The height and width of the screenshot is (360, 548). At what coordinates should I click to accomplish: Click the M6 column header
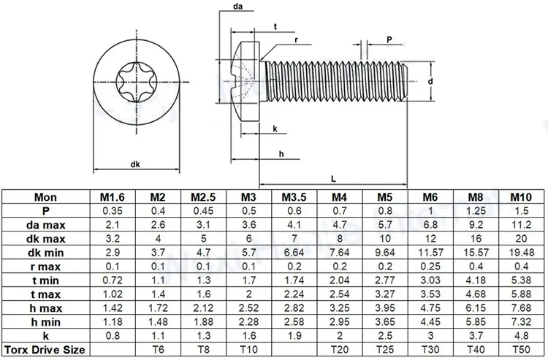[430, 197]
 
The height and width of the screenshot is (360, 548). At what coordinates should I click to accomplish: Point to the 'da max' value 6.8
[430, 225]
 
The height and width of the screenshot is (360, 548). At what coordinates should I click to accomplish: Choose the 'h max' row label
[47, 308]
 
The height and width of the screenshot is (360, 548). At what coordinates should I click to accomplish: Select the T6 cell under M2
[157, 350]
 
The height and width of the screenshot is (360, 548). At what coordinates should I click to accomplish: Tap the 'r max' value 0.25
[430, 267]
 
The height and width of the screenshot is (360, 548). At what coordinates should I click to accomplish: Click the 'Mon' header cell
[47, 197]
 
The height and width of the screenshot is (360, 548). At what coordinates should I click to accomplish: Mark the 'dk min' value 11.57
[430, 253]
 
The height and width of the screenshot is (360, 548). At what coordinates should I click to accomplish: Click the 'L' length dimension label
[333, 177]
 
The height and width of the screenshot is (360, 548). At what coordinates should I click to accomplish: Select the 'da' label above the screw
[237, 7]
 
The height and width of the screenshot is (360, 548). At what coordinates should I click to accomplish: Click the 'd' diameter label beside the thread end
[432, 83]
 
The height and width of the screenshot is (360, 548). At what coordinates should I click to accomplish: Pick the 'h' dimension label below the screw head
[281, 154]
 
